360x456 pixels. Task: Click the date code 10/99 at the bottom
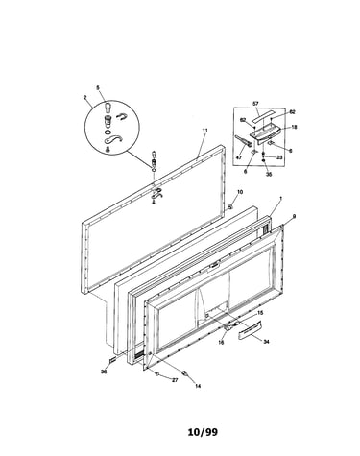click(x=203, y=432)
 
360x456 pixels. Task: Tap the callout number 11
click(x=205, y=131)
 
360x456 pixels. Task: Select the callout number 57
click(x=255, y=104)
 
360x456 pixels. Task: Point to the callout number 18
click(x=294, y=127)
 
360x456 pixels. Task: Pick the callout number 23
click(x=279, y=157)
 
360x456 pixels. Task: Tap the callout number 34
click(x=266, y=342)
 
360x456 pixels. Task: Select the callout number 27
click(x=175, y=380)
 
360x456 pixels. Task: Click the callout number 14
click(x=198, y=386)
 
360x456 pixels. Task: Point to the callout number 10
click(x=240, y=192)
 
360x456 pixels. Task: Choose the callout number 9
click(x=294, y=217)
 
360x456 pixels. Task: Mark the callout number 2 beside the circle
click(x=85, y=96)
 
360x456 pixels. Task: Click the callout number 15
click(x=260, y=313)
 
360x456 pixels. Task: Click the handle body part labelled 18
click(x=265, y=132)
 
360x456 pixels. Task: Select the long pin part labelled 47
click(x=243, y=141)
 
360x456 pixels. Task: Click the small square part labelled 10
click(x=230, y=207)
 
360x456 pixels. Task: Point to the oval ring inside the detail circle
click(x=108, y=132)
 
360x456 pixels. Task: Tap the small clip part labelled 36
click(x=113, y=360)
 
